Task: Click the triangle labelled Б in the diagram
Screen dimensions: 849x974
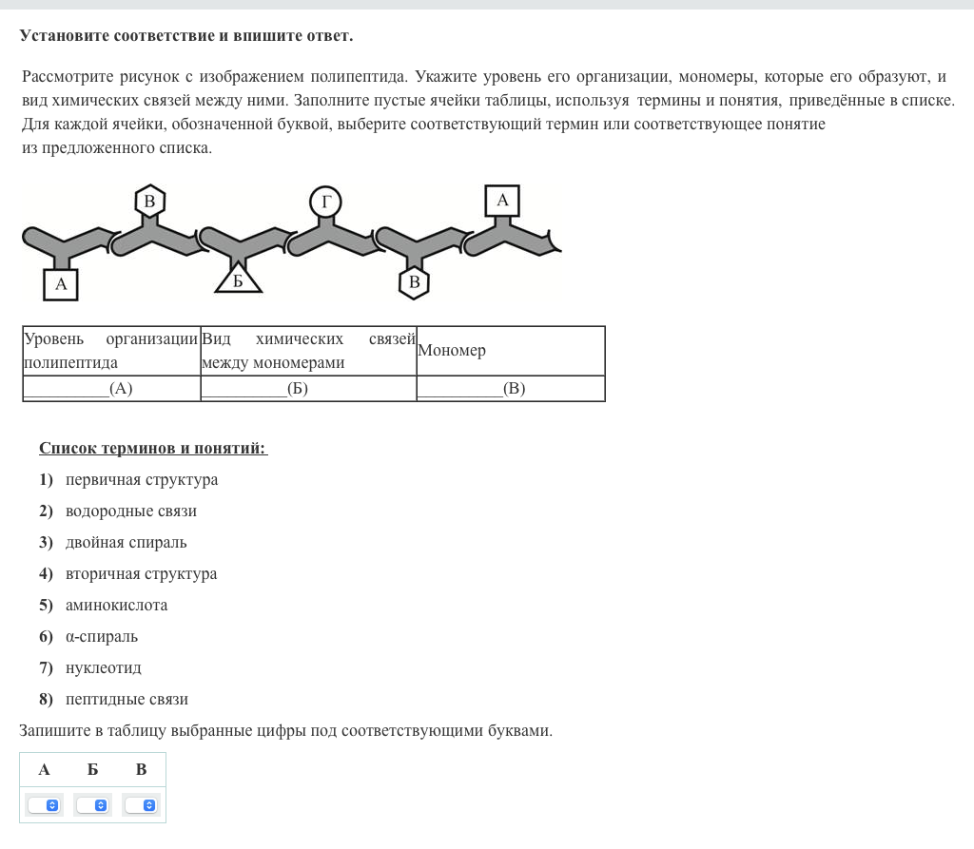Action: point(238,280)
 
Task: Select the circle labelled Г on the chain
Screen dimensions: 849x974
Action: point(325,202)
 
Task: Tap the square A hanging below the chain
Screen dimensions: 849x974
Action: point(61,283)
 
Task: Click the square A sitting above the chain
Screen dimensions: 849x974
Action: point(502,201)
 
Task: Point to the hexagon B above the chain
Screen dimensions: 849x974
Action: point(149,201)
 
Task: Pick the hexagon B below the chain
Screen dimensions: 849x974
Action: point(414,282)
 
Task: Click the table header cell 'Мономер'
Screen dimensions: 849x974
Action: point(510,351)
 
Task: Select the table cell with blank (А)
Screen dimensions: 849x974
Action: point(111,388)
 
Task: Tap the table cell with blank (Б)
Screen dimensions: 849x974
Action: point(308,388)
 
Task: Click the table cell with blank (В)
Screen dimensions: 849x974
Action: point(510,388)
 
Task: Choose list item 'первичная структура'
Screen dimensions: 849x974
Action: point(142,480)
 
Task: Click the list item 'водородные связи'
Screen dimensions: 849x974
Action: point(131,511)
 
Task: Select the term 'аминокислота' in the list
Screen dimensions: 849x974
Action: point(116,605)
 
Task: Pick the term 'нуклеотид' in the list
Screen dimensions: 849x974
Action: point(104,668)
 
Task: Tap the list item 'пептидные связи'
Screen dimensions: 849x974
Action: point(127,700)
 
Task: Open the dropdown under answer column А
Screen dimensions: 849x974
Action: point(44,805)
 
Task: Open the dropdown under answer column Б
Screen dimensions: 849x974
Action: point(92,805)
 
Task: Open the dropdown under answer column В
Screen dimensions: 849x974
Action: point(141,805)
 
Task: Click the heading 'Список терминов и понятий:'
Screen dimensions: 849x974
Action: point(153,448)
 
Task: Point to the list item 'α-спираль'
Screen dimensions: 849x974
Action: point(102,637)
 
